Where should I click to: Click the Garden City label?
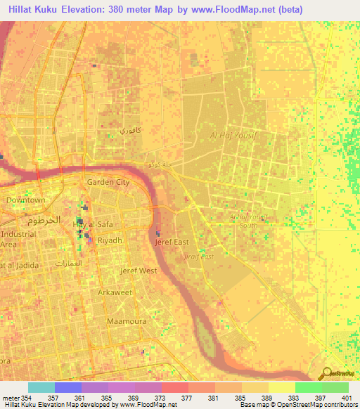pos(108,182)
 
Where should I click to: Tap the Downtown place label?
pos(26,200)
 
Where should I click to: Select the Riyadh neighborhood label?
pos(110,240)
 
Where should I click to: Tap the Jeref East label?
pos(172,242)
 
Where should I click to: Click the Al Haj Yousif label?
pos(235,136)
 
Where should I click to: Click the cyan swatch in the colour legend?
pos(41,387)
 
